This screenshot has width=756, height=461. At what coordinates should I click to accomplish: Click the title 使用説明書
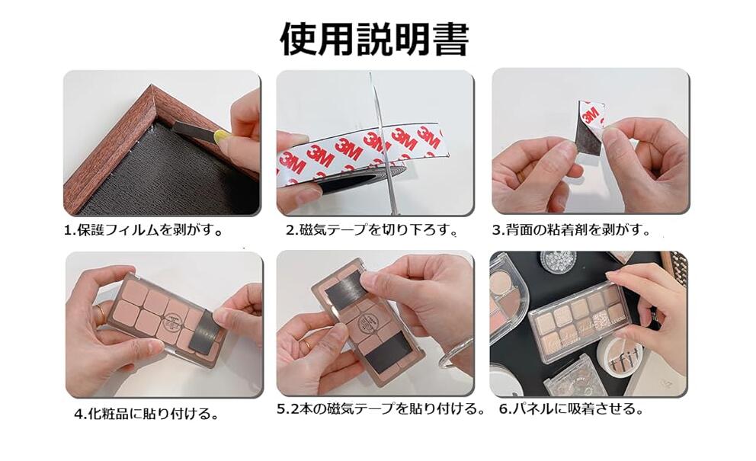374,39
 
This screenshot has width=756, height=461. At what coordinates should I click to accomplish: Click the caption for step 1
144,230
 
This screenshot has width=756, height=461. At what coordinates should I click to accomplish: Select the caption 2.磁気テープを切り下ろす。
372,229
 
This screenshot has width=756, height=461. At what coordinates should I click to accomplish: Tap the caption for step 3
572,229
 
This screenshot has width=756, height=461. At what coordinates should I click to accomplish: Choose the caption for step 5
380,409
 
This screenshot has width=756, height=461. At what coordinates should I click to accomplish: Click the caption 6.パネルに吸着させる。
572,409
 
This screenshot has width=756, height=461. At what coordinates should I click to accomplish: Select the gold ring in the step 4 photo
101,314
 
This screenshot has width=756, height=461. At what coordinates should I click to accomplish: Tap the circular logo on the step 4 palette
171,321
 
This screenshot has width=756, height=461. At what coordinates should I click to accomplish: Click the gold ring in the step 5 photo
306,344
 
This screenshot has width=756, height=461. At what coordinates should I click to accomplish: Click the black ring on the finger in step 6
655,315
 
